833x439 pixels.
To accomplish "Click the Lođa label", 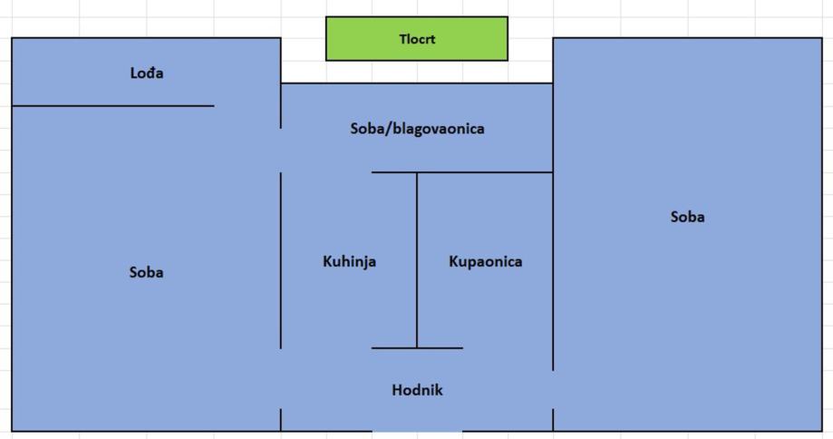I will (x=146, y=73).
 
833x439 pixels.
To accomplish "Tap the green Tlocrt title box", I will (x=417, y=39).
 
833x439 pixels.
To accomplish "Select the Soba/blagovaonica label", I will (x=417, y=129).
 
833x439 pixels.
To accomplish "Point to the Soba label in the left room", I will (x=146, y=272).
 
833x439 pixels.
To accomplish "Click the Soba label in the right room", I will (x=687, y=217).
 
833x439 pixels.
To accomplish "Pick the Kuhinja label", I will (x=349, y=261).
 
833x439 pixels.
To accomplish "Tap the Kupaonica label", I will (x=485, y=261).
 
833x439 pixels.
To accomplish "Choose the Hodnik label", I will (x=417, y=390).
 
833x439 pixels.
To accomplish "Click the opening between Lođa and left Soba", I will (x=247, y=106).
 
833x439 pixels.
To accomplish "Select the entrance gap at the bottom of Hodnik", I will (x=417, y=431).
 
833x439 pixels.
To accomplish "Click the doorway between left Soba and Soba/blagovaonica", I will (x=281, y=150).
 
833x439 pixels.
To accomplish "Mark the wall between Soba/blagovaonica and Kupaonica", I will (x=485, y=172).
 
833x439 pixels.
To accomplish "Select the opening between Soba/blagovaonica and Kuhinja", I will (x=326, y=172).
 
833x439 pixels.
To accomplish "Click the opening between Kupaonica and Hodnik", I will (x=508, y=348).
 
